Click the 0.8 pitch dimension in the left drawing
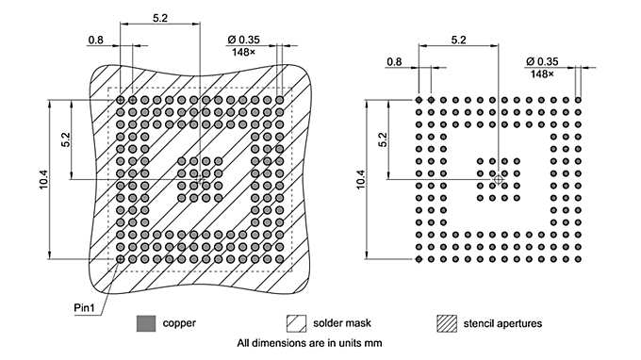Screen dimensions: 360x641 [x=95, y=41]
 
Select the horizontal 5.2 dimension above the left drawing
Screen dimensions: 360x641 [x=159, y=18]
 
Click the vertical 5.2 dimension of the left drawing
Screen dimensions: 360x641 [x=65, y=139]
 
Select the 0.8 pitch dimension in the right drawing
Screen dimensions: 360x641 [x=394, y=62]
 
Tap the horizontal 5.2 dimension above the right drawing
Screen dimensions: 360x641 [x=459, y=40]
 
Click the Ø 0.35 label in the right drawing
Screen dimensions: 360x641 [x=543, y=61]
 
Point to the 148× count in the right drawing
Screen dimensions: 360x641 [x=543, y=74]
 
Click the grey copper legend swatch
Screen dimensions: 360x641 [x=145, y=323]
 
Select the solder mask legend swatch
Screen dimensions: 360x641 [x=296, y=323]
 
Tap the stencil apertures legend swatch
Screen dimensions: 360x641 [x=445, y=323]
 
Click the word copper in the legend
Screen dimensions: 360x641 [x=179, y=323]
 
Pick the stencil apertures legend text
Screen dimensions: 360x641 [x=502, y=323]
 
